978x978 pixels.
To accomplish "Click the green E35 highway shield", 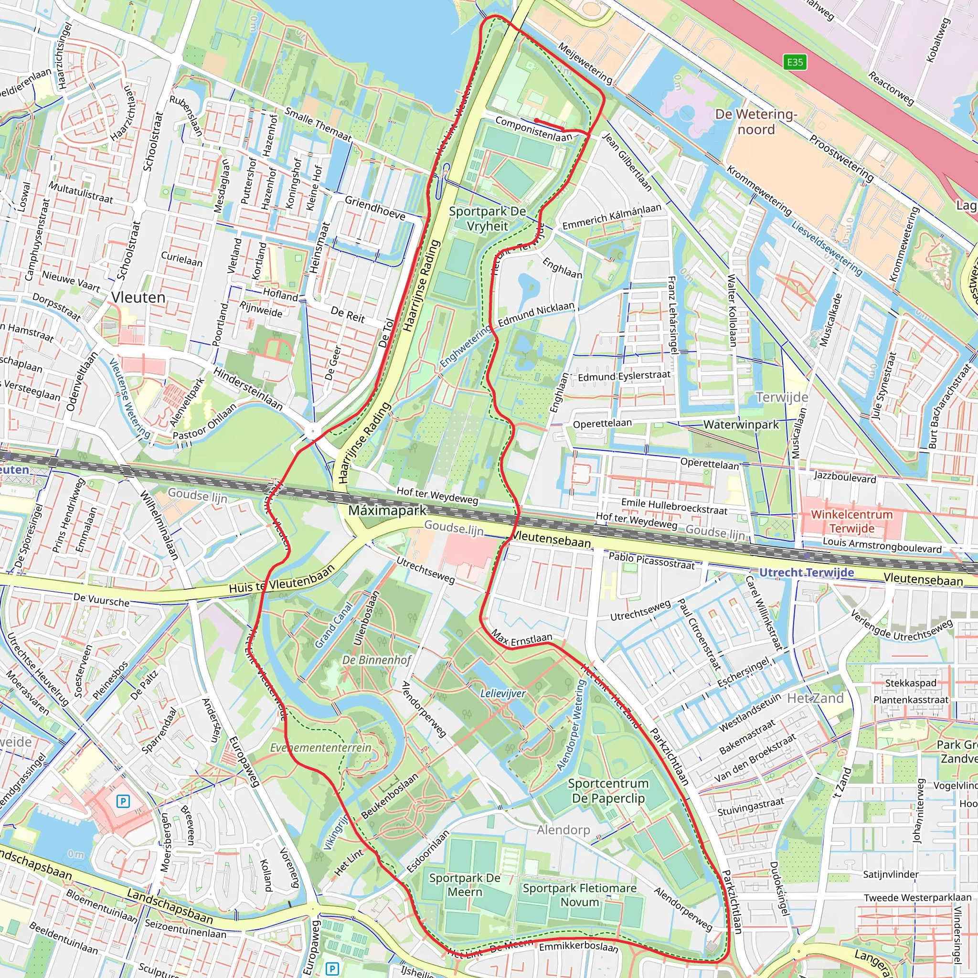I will (795, 62).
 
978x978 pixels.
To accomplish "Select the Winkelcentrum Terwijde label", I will (851, 521).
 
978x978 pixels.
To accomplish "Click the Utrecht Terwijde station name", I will (807, 573).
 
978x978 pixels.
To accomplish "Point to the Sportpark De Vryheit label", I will (487, 219).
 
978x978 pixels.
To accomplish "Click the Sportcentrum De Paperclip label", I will (607, 791).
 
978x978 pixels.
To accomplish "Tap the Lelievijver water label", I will (503, 693).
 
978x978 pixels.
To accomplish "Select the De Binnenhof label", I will (377, 659).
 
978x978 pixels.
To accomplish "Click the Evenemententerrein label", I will (320, 748).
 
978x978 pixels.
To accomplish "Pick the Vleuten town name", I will (138, 297).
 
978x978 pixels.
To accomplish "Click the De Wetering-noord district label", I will (756, 121).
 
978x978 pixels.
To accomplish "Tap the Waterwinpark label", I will (741, 425).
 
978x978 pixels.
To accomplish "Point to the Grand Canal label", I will (334, 625).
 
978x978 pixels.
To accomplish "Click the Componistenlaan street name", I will (533, 129).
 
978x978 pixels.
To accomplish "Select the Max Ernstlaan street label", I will (521, 639).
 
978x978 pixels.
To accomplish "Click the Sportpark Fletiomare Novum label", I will (580, 895).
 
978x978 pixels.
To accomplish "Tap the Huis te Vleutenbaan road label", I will (281, 579).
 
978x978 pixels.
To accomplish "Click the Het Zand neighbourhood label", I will (815, 698).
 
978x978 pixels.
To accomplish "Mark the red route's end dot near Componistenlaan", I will (536, 120).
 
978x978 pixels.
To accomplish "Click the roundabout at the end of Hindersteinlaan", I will (313, 432).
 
